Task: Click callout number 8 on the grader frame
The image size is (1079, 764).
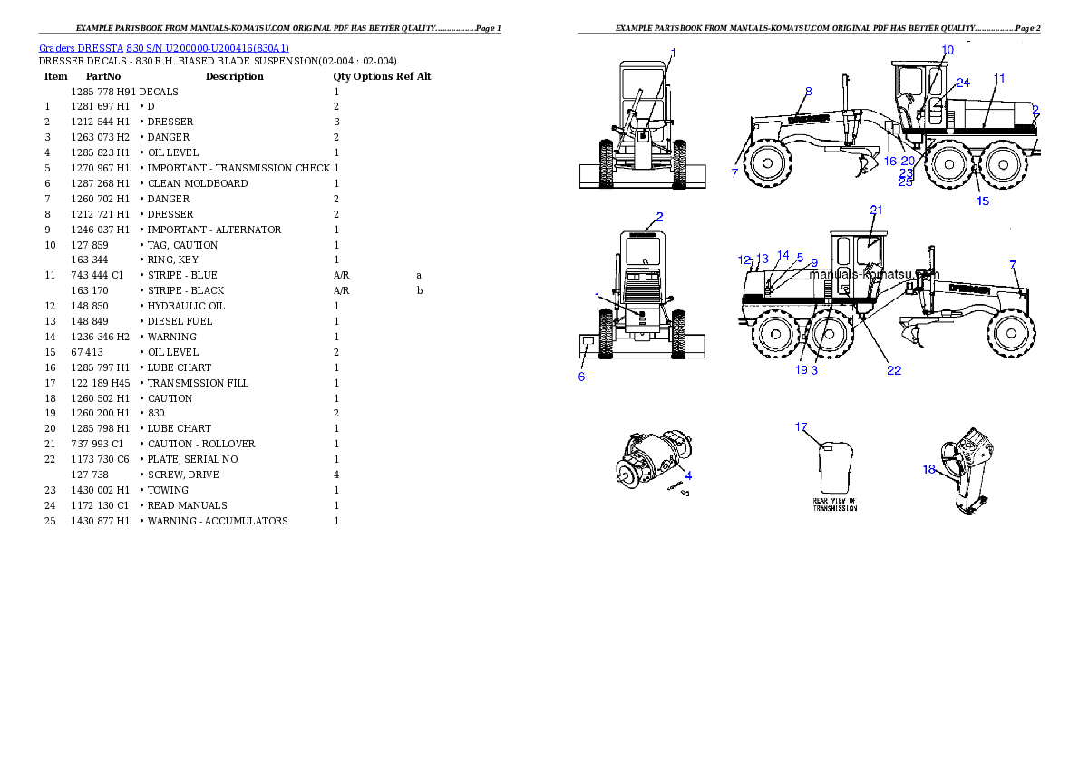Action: pyautogui.click(x=808, y=91)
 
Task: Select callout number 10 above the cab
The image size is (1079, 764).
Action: pyautogui.click(x=948, y=50)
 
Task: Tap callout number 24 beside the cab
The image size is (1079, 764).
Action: pyautogui.click(x=963, y=83)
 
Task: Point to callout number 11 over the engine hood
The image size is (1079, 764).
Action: pyautogui.click(x=998, y=79)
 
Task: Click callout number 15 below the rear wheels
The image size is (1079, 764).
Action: pyautogui.click(x=983, y=201)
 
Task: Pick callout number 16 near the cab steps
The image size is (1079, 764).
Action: pyautogui.click(x=889, y=161)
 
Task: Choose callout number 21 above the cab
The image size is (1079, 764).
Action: pyautogui.click(x=876, y=210)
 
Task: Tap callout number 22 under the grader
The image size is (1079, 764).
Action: pyautogui.click(x=894, y=370)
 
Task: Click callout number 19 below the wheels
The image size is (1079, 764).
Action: pyautogui.click(x=801, y=370)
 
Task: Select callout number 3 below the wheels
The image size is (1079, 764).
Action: pyautogui.click(x=814, y=370)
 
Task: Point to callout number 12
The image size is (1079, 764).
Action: pyautogui.click(x=744, y=260)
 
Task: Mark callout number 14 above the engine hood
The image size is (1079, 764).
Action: pyautogui.click(x=783, y=256)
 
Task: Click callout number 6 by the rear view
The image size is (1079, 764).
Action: pyautogui.click(x=581, y=377)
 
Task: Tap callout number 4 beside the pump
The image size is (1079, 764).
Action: pyautogui.click(x=688, y=475)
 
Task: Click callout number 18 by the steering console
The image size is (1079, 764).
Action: pyautogui.click(x=928, y=470)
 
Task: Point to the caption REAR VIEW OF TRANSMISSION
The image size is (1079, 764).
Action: pyautogui.click(x=834, y=504)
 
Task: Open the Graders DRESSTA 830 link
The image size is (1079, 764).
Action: pyautogui.click(x=164, y=48)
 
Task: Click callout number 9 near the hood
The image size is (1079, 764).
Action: pyautogui.click(x=813, y=263)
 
